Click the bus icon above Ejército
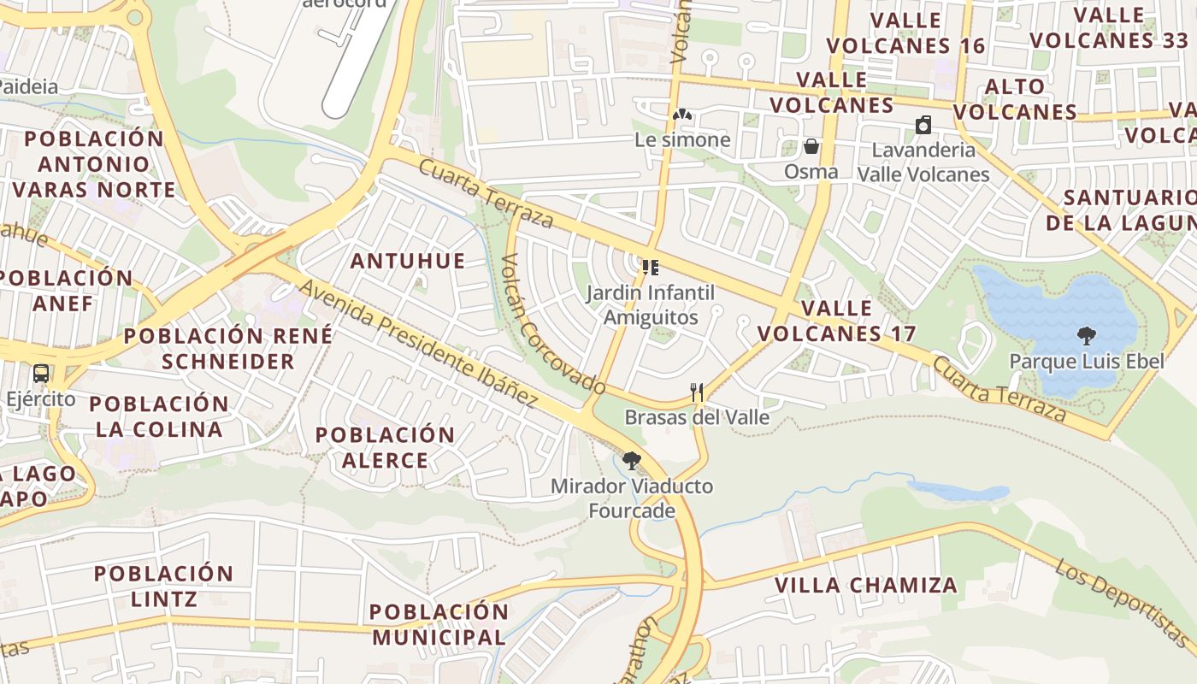pyautogui.click(x=40, y=374)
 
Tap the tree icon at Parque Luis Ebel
pyautogui.click(x=1087, y=335)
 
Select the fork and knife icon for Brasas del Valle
pyautogui.click(x=697, y=392)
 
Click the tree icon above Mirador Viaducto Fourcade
pyautogui.click(x=632, y=462)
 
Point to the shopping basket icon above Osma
pyautogui.click(x=811, y=146)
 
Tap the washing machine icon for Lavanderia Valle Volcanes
pyautogui.click(x=923, y=126)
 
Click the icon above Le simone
pyautogui.click(x=681, y=115)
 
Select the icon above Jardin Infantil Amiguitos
pyautogui.click(x=651, y=268)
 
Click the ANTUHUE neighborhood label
pyautogui.click(x=408, y=261)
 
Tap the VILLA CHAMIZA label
pyautogui.click(x=865, y=586)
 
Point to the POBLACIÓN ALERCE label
pyautogui.click(x=385, y=447)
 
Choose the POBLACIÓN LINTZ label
pyautogui.click(x=163, y=586)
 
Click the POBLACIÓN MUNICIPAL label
pyautogui.click(x=439, y=624)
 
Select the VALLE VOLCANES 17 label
pyautogui.click(x=836, y=321)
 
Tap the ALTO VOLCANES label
pyautogui.click(x=1015, y=99)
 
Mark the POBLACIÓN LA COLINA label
pyautogui.click(x=159, y=416)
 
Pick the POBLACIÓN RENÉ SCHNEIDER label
pyautogui.click(x=228, y=348)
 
